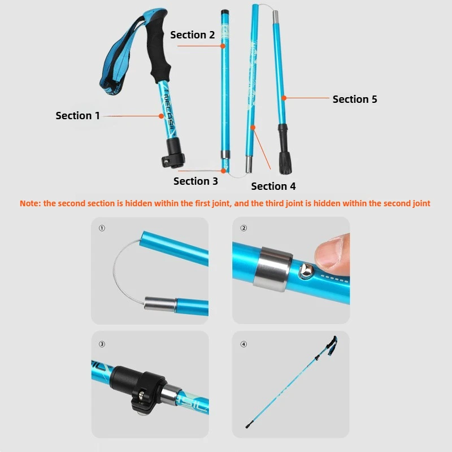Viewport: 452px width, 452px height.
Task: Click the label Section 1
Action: tap(77, 115)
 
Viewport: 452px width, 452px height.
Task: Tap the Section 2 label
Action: tap(192, 35)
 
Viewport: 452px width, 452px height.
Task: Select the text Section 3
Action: tap(195, 181)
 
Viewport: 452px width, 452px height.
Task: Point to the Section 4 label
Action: tap(273, 186)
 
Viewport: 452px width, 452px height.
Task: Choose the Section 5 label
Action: tap(354, 99)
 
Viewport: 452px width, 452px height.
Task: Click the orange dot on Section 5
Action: tap(284, 98)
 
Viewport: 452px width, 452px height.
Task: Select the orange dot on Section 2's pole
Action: tap(223, 46)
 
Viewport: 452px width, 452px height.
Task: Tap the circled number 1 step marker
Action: tap(102, 229)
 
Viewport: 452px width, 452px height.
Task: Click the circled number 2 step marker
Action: tap(244, 229)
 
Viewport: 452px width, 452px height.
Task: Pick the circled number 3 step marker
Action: tap(102, 344)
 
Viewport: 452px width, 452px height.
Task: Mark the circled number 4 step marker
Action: tap(244, 344)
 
